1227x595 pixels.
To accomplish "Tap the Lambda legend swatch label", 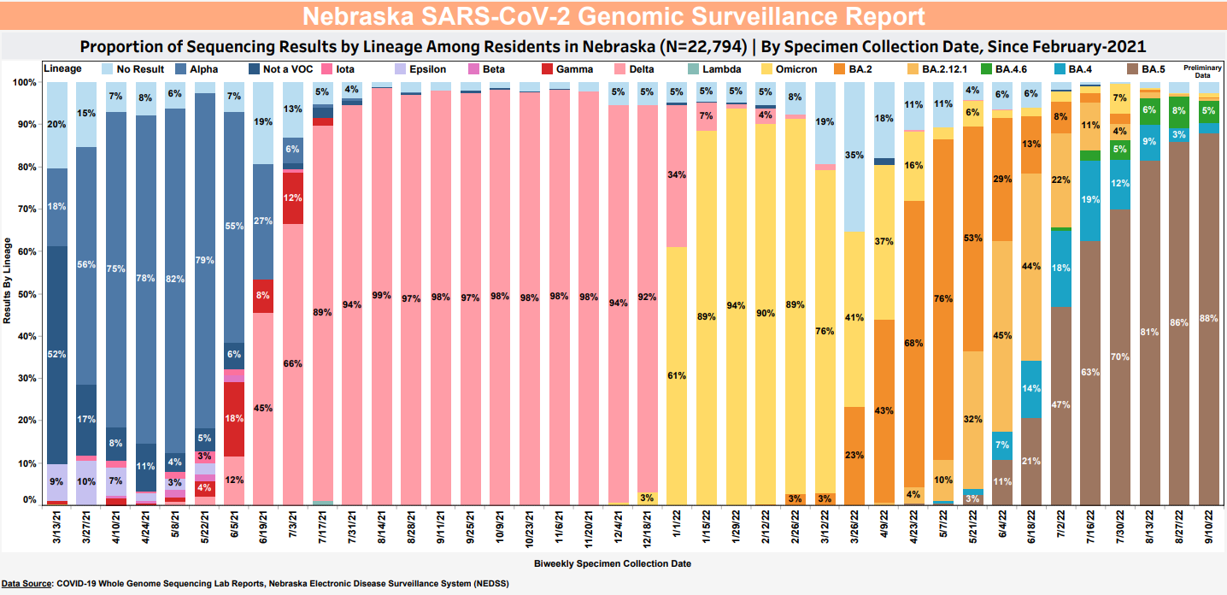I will [722, 69].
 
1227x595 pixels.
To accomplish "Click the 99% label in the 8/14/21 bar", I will [382, 296].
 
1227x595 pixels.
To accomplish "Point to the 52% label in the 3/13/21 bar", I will [58, 354].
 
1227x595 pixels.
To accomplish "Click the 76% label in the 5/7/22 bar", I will [943, 298].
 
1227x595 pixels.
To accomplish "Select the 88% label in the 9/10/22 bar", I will [1209, 318].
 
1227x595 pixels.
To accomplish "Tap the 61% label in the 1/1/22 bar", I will [677, 375].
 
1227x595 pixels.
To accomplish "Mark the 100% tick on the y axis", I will [26, 82].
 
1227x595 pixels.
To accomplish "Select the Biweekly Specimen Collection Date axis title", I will [613, 563].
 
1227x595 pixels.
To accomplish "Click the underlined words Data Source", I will [26, 584].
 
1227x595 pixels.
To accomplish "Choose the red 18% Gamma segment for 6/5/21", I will [235, 419].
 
